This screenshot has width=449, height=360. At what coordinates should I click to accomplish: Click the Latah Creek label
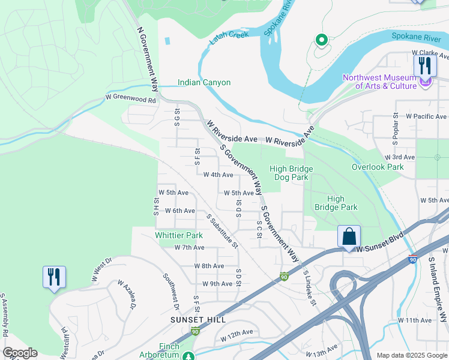coord(229,37)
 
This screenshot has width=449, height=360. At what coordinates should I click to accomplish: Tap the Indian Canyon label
coord(204,82)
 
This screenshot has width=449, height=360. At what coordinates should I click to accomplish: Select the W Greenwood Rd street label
coord(130,97)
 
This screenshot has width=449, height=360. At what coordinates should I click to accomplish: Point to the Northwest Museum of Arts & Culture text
coord(379,82)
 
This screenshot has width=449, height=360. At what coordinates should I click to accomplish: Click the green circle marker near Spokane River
coord(321,41)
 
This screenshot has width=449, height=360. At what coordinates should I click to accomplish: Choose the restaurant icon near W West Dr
coord(54,277)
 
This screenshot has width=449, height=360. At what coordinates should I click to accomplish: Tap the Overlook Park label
coord(378,167)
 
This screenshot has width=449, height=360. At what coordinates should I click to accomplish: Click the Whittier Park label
coord(179,236)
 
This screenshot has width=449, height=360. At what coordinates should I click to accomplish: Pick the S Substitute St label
coord(222,231)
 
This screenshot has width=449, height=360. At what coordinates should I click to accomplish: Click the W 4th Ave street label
coord(218,175)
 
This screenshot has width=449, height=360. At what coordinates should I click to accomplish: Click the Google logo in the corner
coord(20,353)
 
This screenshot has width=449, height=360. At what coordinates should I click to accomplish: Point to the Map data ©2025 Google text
coord(412,355)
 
